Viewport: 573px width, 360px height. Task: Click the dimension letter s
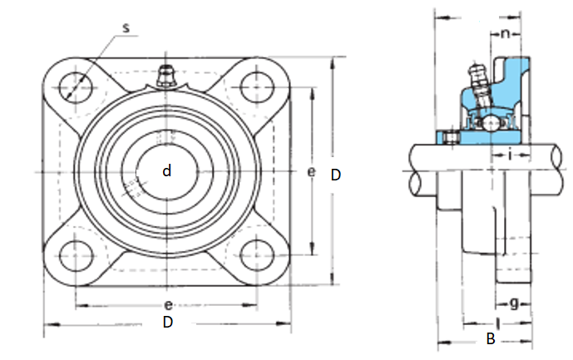[126, 28]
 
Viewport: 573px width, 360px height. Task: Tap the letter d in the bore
[166, 170]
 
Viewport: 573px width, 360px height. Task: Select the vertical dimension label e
[311, 171]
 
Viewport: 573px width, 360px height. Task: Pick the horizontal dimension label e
[168, 305]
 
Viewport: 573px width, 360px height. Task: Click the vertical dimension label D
[335, 175]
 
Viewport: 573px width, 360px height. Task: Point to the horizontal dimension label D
[168, 322]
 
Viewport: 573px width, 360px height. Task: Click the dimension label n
[505, 34]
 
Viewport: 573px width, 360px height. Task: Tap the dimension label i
[510, 155]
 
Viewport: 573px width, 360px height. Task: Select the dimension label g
[514, 303]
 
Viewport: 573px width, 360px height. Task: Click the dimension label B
[491, 339]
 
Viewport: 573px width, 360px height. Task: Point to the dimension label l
[497, 323]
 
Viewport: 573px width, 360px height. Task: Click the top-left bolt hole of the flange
[76, 88]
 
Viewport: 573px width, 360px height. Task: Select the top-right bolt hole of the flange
[257, 87]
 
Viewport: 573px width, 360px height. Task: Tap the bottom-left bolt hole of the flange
[76, 255]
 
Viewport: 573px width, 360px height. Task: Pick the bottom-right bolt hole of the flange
[257, 255]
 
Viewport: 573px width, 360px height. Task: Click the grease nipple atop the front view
[166, 76]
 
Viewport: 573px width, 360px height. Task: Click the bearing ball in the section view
[489, 123]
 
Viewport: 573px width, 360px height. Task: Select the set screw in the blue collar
[451, 137]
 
